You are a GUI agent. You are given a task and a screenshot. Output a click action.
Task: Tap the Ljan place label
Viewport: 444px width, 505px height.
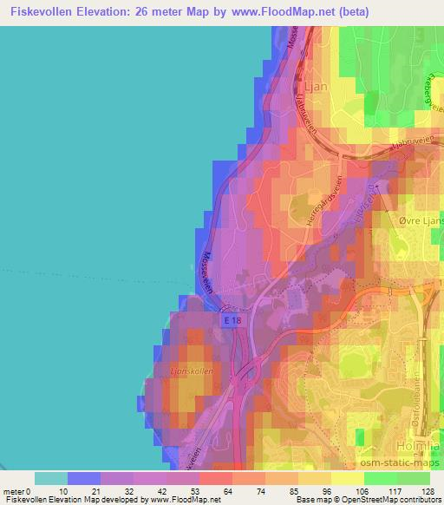(317, 87)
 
